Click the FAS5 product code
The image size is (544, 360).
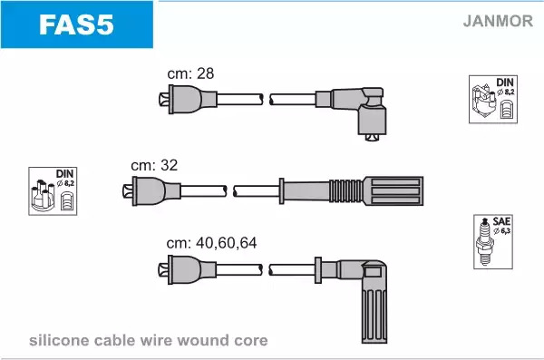coord(76,25)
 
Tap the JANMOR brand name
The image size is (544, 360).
coord(498,21)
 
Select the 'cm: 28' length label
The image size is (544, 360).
coord(190,73)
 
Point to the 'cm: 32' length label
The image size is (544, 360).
coord(154,165)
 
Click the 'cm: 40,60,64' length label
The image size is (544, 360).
coord(211,243)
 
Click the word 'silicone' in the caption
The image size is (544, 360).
coord(60,340)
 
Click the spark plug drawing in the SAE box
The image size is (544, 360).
coord(485,241)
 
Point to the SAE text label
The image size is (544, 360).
coord(501,221)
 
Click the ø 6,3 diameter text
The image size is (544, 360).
coord(502,231)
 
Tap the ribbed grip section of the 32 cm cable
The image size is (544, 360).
coord(346,191)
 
